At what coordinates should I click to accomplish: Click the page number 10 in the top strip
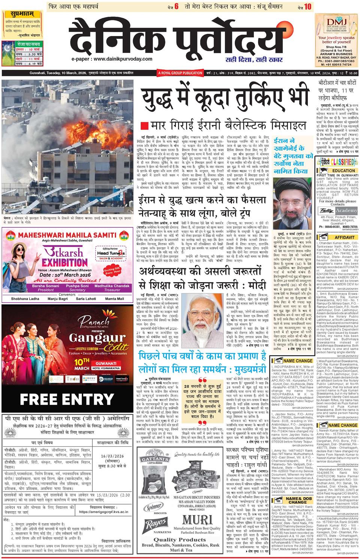[307, 6]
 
